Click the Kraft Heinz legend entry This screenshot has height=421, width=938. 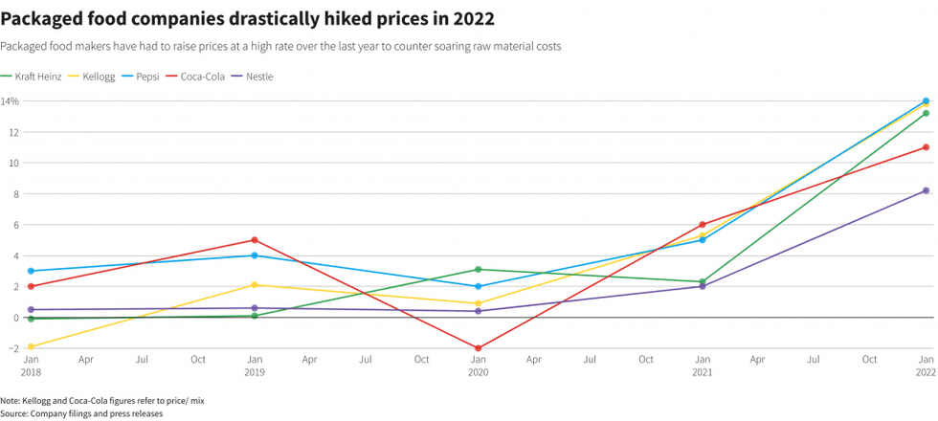(x=37, y=77)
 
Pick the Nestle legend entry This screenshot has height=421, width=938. (x=258, y=77)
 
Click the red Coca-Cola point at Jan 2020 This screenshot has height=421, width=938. (x=478, y=348)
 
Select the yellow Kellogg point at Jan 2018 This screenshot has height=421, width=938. (x=31, y=346)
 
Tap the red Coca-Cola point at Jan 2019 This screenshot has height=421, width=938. (x=254, y=240)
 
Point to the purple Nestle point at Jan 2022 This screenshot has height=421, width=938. (x=926, y=190)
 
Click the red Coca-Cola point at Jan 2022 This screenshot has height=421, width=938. (x=926, y=147)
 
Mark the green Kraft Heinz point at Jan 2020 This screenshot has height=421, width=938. (x=478, y=270)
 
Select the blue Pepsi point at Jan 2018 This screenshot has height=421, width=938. (x=31, y=271)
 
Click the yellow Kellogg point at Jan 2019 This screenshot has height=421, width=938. (x=254, y=285)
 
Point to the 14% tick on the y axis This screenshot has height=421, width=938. (x=10, y=101)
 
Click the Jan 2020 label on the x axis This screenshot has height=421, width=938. (x=478, y=366)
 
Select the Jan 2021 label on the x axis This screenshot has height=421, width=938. (x=702, y=366)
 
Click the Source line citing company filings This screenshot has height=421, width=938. (x=81, y=413)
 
